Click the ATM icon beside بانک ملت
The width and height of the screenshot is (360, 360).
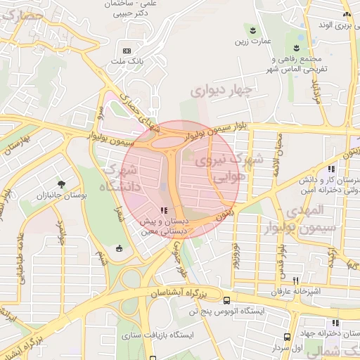(127, 51)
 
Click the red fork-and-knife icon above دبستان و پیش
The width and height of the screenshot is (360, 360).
(163, 210)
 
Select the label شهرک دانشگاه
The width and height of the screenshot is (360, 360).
(120, 178)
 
